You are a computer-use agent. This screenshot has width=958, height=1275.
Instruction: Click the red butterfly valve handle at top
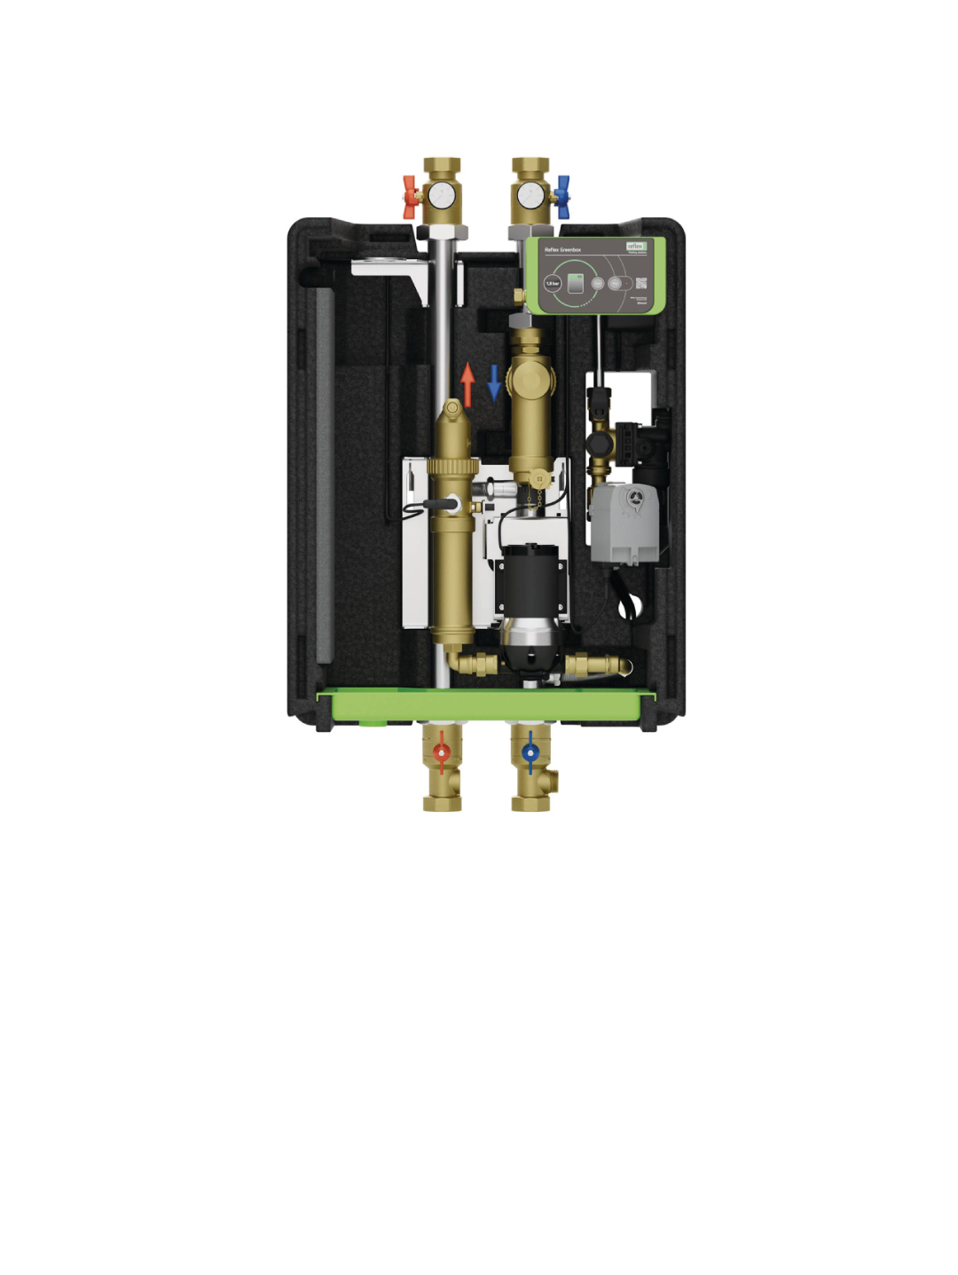coord(410,196)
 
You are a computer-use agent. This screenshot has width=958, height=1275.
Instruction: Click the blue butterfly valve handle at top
coord(561,196)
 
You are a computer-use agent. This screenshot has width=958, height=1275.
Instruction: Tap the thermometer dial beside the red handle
coord(441,194)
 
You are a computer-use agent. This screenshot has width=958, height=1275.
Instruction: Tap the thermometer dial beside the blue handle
coord(530,194)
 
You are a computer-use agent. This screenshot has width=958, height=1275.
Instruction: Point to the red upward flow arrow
coord(467,383)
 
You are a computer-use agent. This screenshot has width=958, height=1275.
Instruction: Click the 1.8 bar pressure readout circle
coord(552,284)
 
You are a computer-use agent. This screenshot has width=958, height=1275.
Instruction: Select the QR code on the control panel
coord(641,283)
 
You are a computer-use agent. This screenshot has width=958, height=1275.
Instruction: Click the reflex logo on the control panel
coord(636,246)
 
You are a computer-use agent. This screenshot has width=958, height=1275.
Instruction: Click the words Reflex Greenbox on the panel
coord(562,250)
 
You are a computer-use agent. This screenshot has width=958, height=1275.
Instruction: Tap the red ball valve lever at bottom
coord(442,754)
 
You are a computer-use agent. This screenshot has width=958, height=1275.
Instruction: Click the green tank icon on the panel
coord(575,284)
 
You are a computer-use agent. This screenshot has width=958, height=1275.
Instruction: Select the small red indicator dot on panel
coord(626,284)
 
